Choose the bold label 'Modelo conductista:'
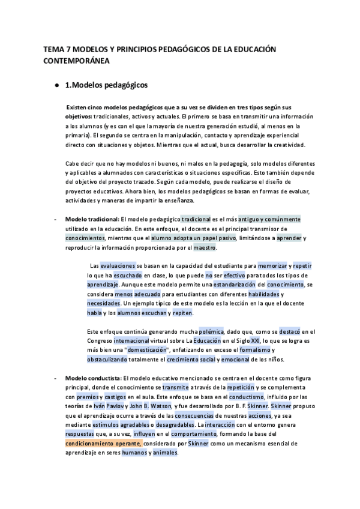point(93,378)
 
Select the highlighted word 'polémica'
point(208,331)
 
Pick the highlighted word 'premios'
point(89,397)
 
